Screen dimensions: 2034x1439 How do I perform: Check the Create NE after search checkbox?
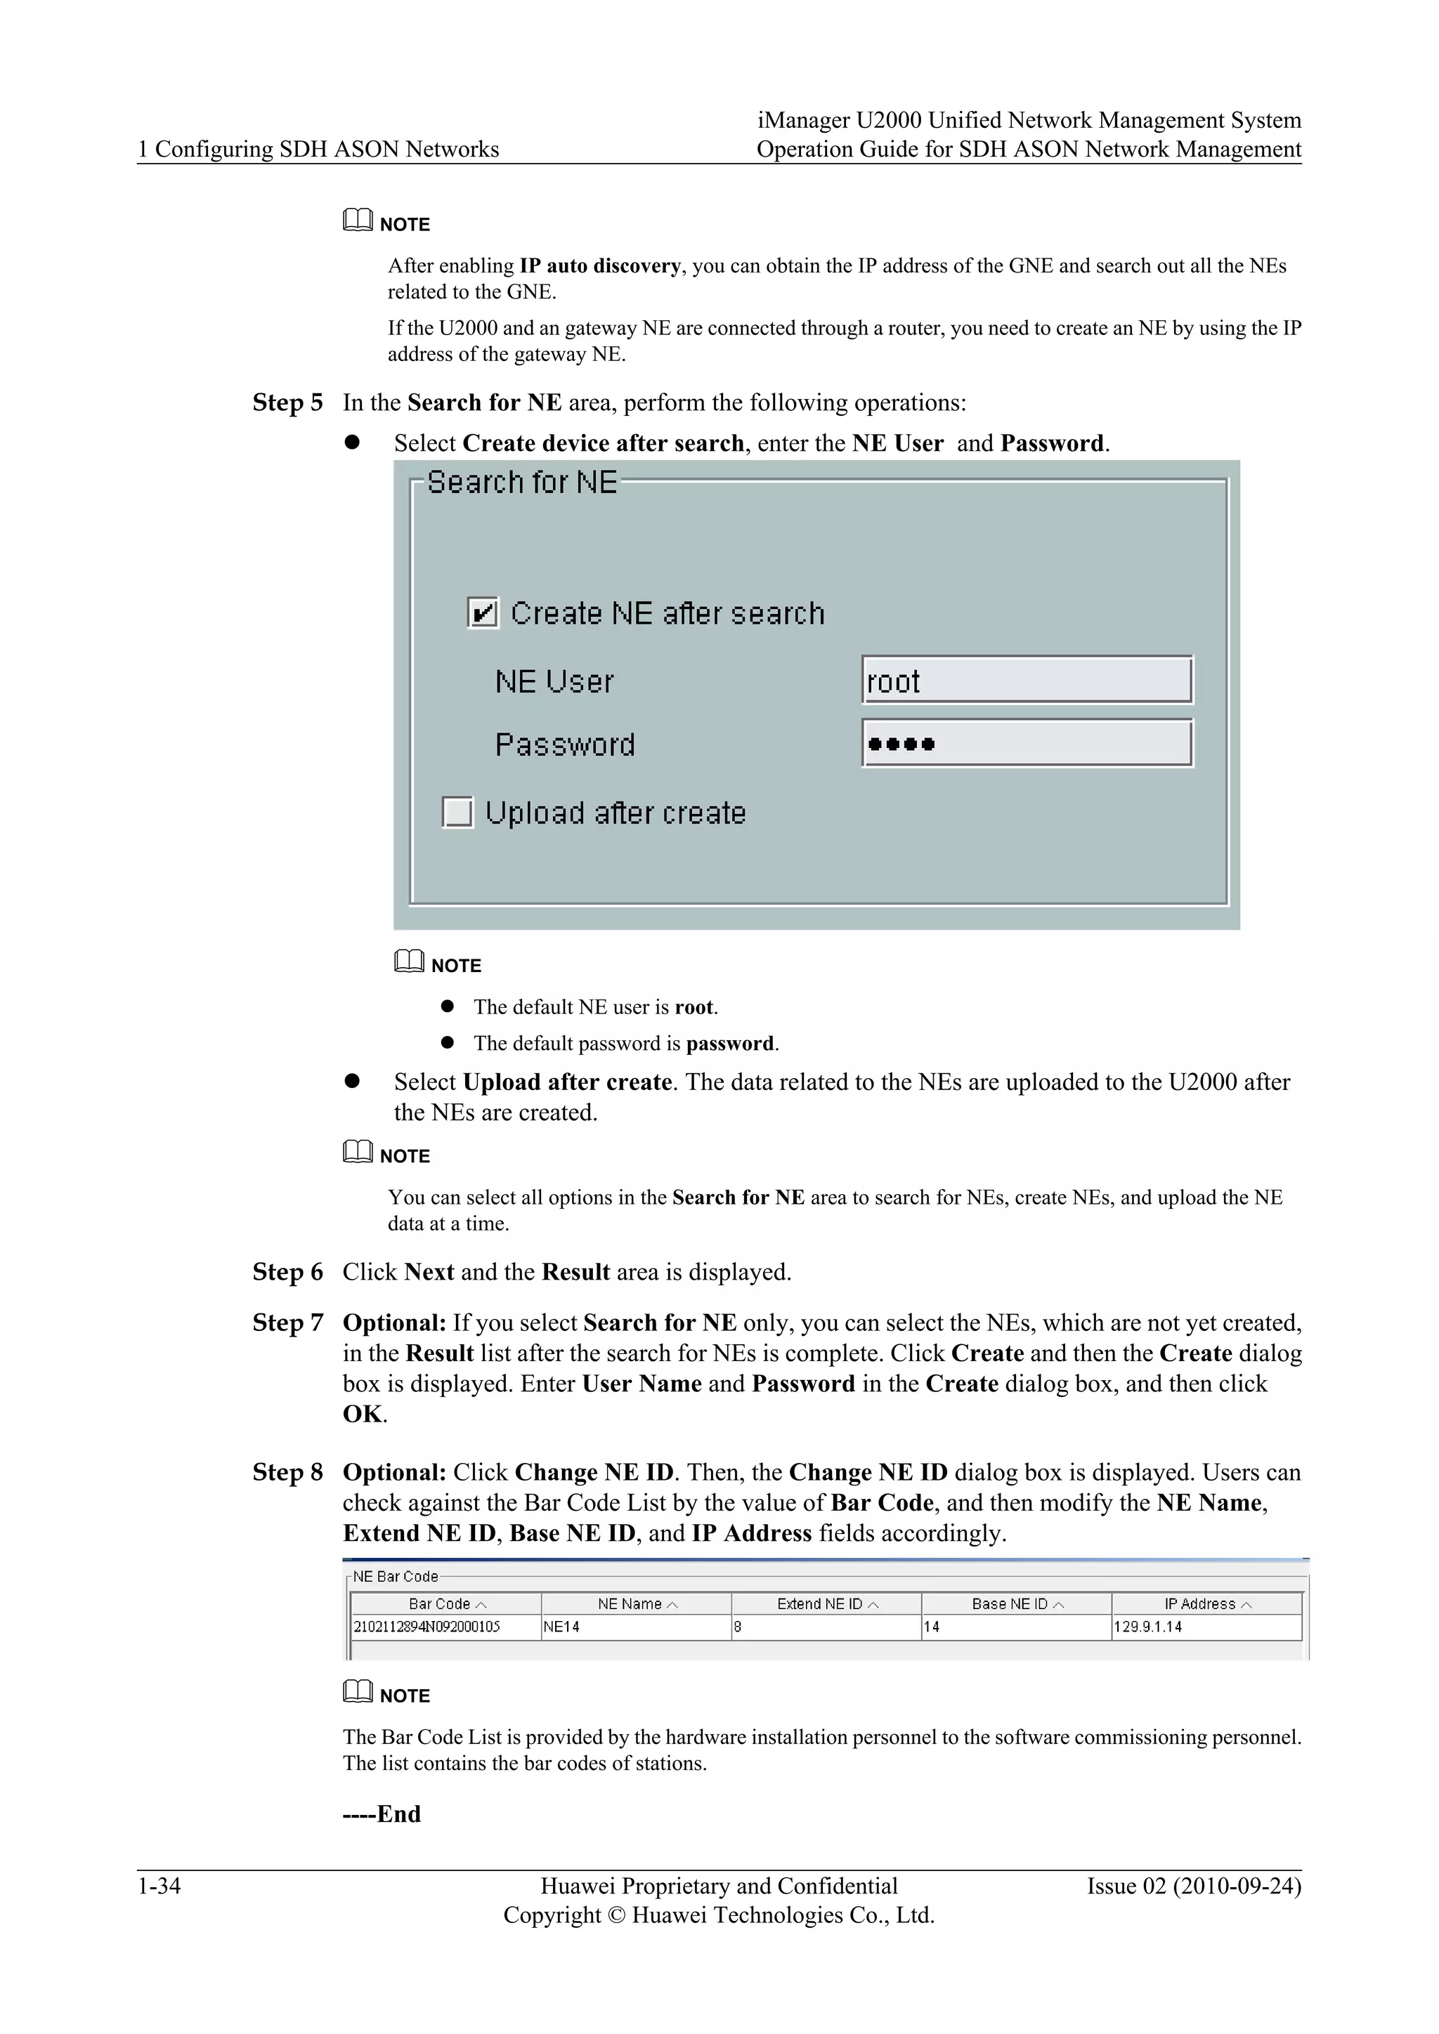pyautogui.click(x=483, y=613)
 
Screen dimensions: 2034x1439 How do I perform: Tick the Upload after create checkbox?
pyautogui.click(x=457, y=813)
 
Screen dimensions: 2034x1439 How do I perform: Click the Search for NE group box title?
pyautogui.click(x=521, y=483)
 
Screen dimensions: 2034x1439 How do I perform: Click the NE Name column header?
pyautogui.click(x=635, y=1604)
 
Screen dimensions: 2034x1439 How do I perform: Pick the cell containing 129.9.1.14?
pyautogui.click(x=1147, y=1627)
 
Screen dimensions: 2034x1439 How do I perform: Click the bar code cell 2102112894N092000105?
pyautogui.click(x=427, y=1627)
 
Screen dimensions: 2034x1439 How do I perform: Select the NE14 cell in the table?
pyautogui.click(x=562, y=1627)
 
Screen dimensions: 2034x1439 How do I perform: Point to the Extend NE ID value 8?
pyautogui.click(x=738, y=1627)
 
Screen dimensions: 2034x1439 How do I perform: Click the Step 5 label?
pyautogui.click(x=288, y=403)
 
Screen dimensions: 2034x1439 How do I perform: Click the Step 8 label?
pyautogui.click(x=288, y=1472)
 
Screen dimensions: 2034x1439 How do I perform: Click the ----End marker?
pyautogui.click(x=382, y=1814)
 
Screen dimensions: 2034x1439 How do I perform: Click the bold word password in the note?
pyautogui.click(x=730, y=1044)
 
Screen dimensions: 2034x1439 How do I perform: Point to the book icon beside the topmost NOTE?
pyautogui.click(x=357, y=220)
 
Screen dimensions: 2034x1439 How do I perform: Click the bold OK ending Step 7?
pyautogui.click(x=363, y=1414)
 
